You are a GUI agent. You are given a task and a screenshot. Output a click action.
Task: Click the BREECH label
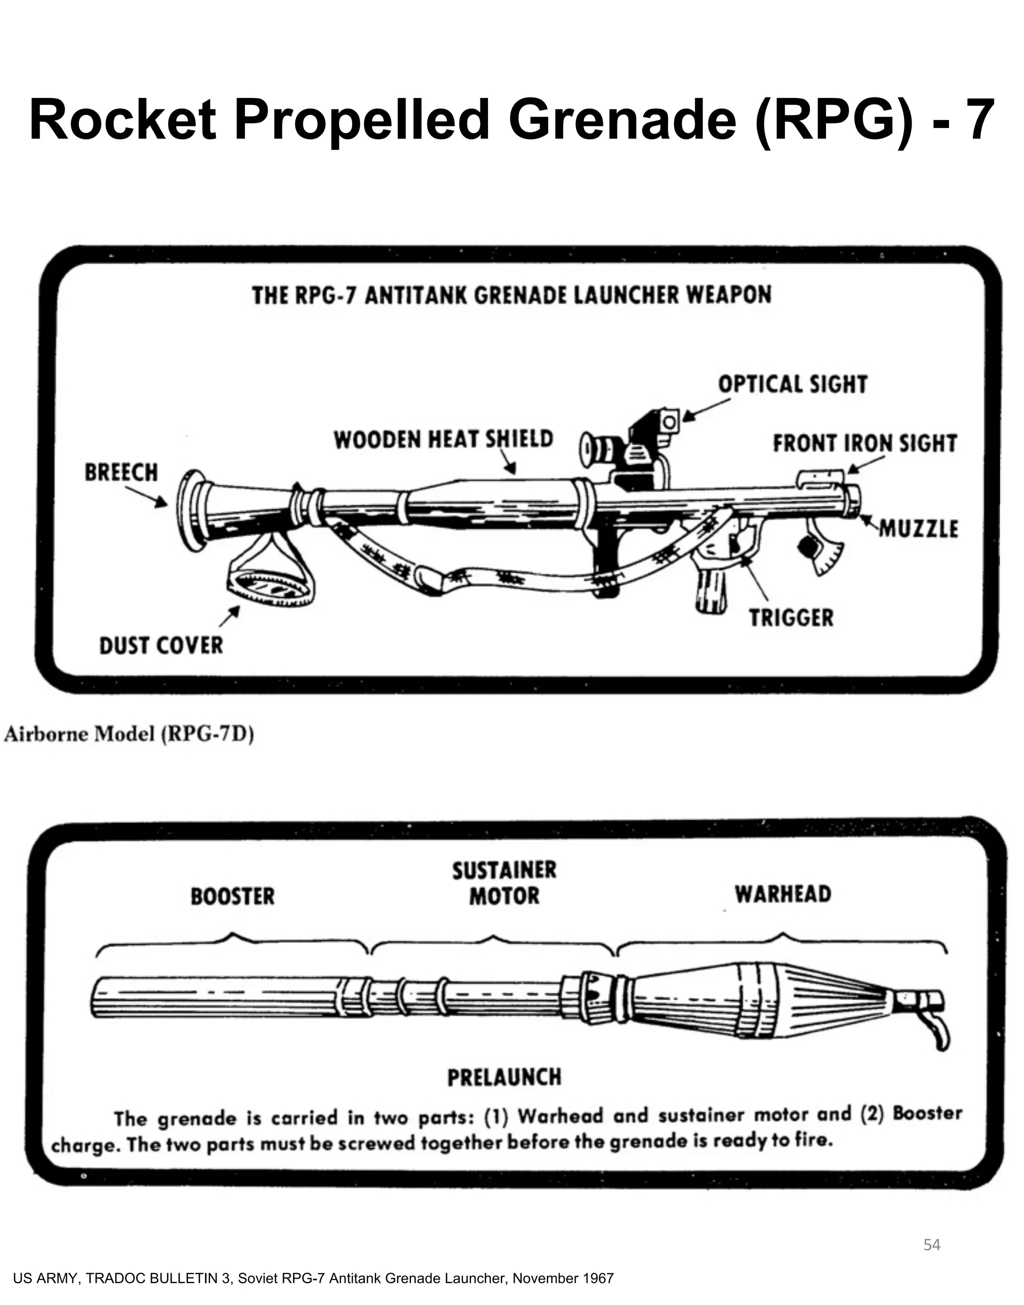(121, 473)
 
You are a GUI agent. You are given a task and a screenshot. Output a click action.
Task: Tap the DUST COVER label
(160, 645)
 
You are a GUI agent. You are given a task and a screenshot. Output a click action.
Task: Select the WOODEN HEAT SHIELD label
(443, 439)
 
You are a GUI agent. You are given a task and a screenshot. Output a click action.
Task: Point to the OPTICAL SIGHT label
(792, 384)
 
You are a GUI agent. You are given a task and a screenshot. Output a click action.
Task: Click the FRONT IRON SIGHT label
(864, 443)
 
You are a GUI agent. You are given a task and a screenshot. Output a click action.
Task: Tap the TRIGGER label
(791, 617)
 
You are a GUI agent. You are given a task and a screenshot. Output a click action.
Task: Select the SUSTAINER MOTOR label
(504, 883)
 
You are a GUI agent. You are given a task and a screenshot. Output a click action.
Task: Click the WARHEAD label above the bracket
(783, 894)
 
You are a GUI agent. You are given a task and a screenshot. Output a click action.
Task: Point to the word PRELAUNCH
(504, 1077)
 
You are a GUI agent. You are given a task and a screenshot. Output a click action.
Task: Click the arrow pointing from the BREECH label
(147, 495)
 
